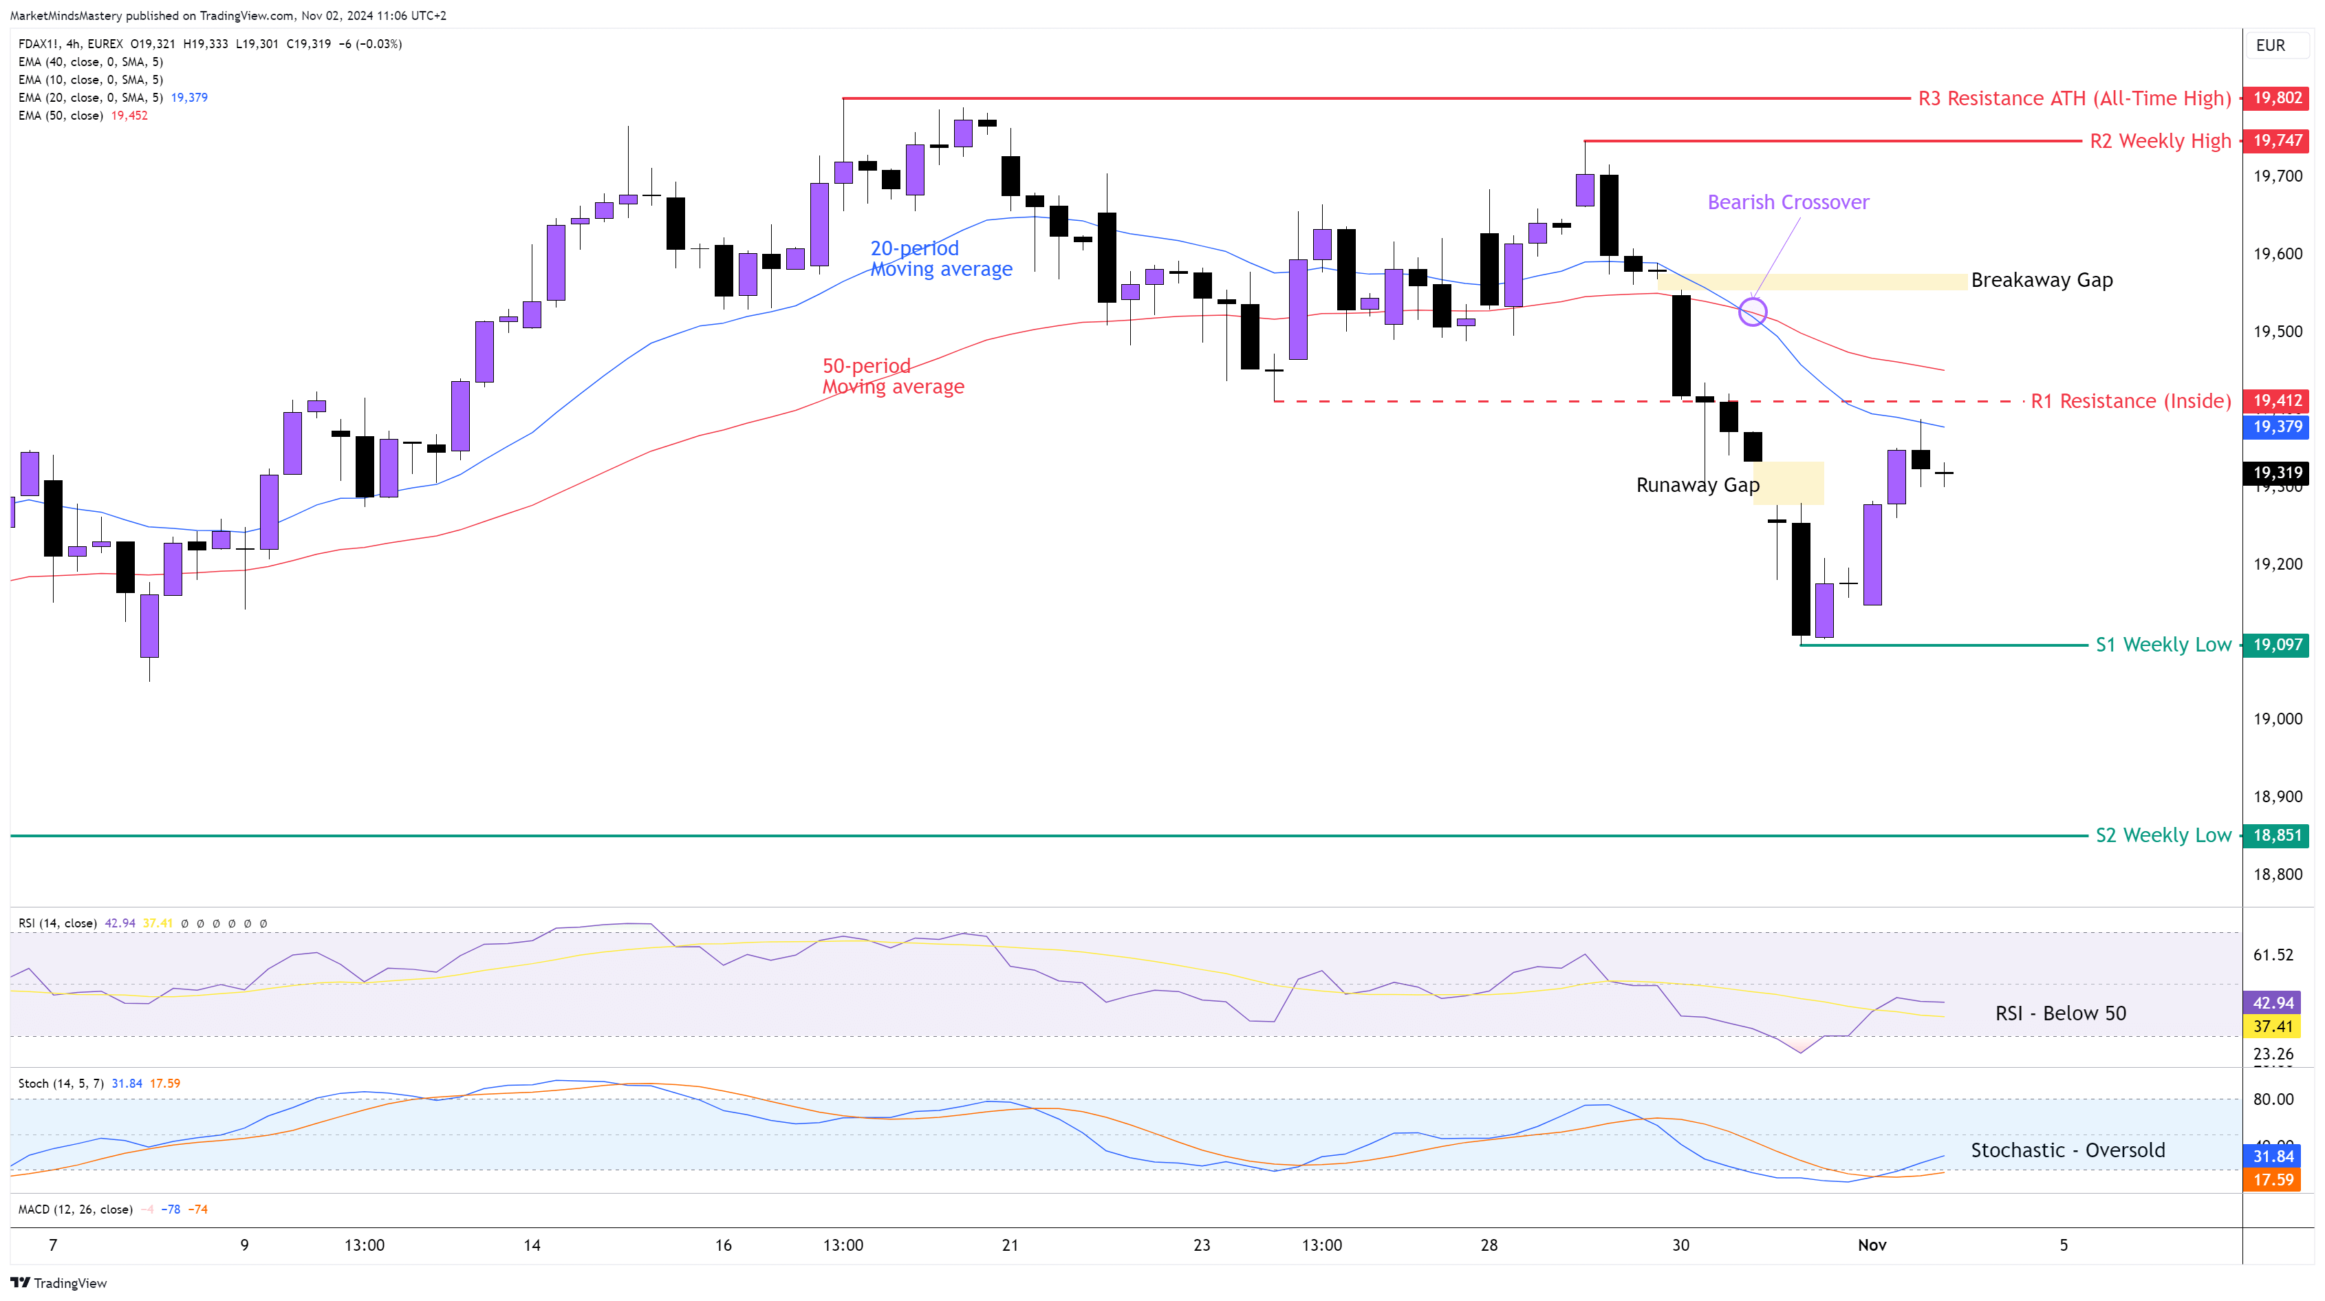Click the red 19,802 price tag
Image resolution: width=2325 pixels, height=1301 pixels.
[x=2276, y=98]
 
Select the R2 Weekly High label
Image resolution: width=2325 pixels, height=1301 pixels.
[x=2160, y=141]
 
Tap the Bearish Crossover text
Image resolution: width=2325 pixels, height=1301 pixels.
[x=1788, y=202]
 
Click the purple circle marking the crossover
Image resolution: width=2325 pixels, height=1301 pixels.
[x=1752, y=312]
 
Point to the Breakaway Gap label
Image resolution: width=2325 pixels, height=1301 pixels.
[x=2042, y=280]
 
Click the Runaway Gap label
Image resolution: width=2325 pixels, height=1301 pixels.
[x=1697, y=485]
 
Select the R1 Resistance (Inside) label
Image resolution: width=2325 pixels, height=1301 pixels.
[x=2130, y=401]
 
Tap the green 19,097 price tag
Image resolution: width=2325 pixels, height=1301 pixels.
[x=2276, y=645]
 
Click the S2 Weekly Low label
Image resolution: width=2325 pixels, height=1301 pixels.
[x=2163, y=835]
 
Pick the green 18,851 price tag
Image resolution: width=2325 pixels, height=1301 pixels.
[x=2276, y=835]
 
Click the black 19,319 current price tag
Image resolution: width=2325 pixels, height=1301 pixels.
[x=2276, y=472]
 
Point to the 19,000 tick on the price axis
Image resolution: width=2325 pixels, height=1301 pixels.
[x=2277, y=719]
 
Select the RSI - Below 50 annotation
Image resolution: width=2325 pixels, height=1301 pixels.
[x=2061, y=1013]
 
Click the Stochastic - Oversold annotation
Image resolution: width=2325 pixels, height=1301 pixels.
[x=2068, y=1150]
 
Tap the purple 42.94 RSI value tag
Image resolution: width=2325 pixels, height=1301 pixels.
[x=2273, y=1003]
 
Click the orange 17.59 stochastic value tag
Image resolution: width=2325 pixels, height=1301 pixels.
[x=2273, y=1180]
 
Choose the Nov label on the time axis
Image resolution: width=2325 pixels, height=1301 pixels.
[x=1872, y=1245]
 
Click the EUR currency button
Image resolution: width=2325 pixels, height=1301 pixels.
[x=2271, y=45]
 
